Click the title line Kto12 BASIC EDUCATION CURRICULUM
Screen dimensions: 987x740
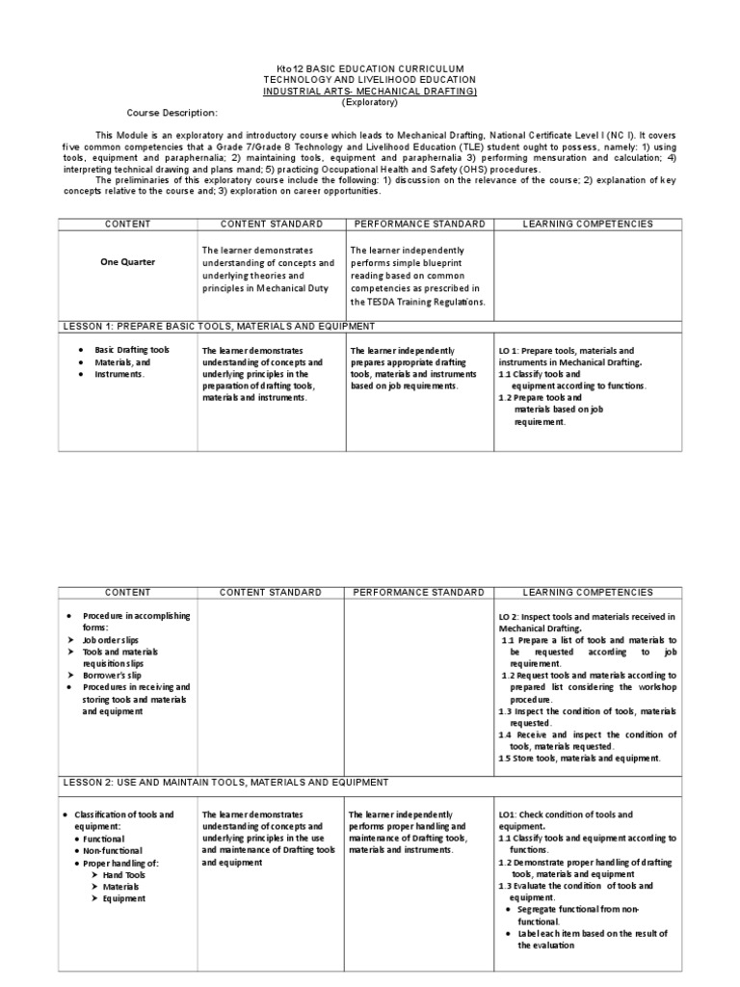(x=370, y=68)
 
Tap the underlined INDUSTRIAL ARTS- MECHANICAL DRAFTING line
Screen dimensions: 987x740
(x=370, y=91)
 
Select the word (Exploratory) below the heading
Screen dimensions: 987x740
(x=370, y=101)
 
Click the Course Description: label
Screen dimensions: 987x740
(x=172, y=113)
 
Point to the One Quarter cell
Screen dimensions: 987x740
(x=127, y=261)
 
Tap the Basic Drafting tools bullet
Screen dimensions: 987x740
(x=132, y=350)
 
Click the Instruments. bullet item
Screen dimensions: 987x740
(x=119, y=374)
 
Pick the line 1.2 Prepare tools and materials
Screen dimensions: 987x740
(x=547, y=397)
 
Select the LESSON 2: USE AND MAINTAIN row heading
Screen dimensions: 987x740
(x=225, y=782)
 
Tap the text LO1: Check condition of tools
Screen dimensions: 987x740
(x=551, y=814)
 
